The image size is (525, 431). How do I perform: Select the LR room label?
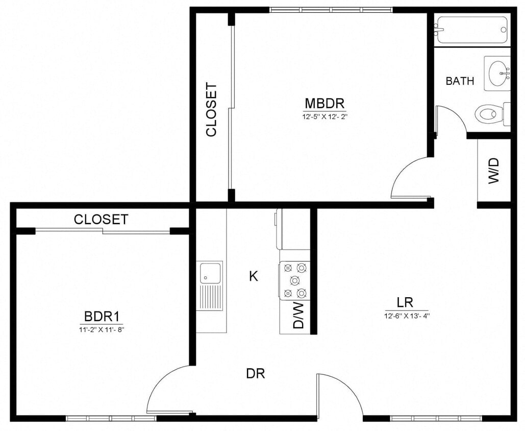[x=406, y=302]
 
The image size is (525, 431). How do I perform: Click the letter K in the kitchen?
[x=253, y=276]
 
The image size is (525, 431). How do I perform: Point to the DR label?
[x=255, y=374]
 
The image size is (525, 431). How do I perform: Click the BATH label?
[x=460, y=81]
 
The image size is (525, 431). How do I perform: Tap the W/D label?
[x=494, y=171]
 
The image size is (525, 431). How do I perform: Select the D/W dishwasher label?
[x=298, y=316]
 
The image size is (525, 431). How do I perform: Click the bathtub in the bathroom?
[x=471, y=30]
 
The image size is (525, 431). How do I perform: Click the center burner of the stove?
[x=294, y=280]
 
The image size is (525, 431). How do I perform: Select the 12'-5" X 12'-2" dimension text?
[x=325, y=116]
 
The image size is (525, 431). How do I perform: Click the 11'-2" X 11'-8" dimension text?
[x=102, y=329]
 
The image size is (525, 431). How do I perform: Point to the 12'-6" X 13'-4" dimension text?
[x=406, y=316]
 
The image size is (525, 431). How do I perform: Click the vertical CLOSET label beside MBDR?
[x=211, y=110]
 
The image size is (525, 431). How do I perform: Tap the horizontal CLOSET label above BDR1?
[x=101, y=220]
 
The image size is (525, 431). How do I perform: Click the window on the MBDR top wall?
[x=331, y=10]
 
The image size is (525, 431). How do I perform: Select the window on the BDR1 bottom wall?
[x=111, y=418]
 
